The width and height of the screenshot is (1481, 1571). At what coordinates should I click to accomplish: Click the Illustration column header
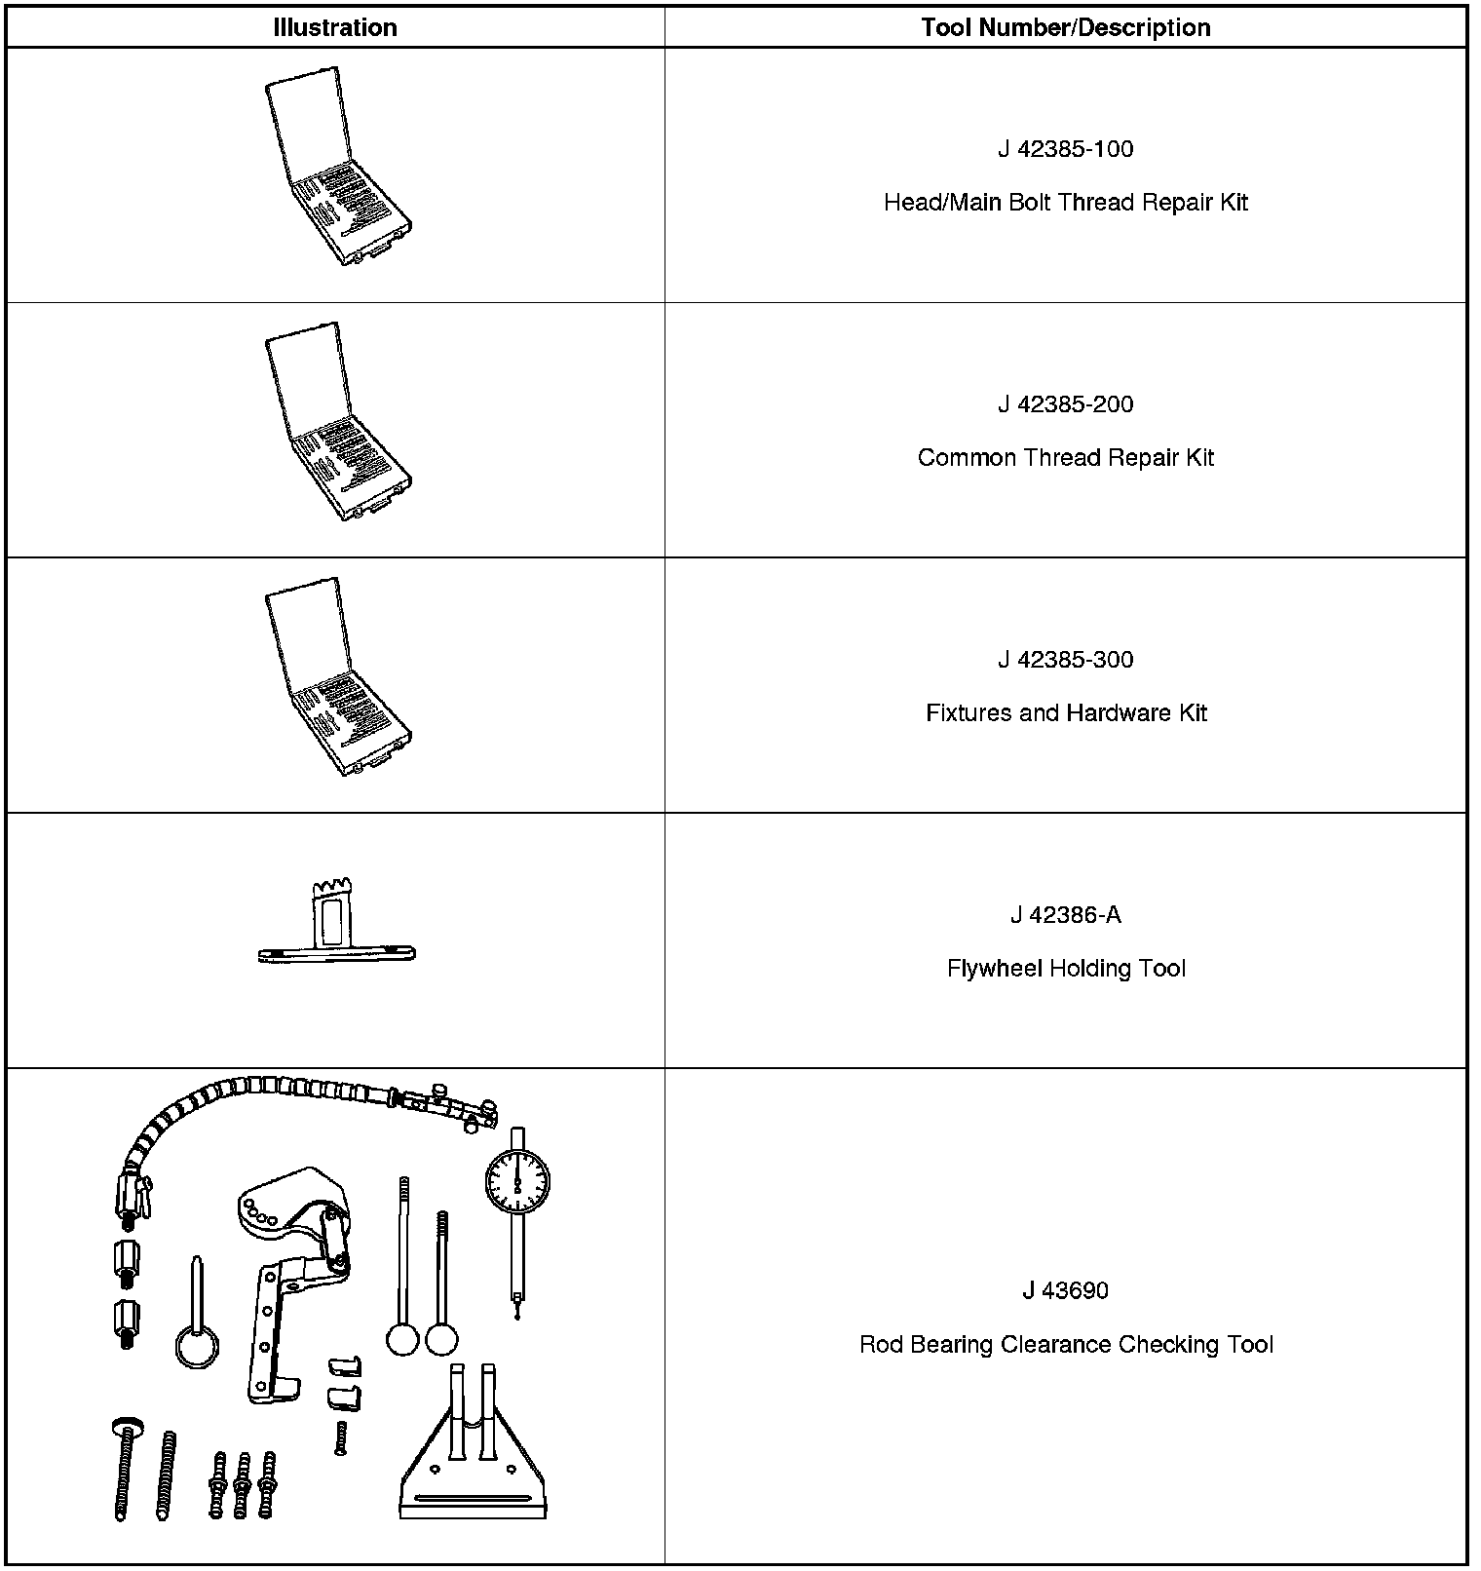point(335,27)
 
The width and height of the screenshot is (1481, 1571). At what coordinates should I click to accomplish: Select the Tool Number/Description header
point(1065,27)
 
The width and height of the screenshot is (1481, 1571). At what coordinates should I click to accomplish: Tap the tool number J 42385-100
point(1065,149)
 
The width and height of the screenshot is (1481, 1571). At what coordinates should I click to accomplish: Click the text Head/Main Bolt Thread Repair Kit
point(1065,203)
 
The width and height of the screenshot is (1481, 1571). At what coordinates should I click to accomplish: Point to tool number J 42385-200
point(1065,404)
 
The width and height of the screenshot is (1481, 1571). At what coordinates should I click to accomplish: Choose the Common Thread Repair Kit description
point(1065,458)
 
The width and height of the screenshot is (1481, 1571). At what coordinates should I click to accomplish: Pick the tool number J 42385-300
point(1065,660)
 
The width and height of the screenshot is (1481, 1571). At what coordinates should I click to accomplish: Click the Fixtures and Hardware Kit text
point(1065,713)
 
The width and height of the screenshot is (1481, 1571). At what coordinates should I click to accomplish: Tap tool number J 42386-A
point(1065,915)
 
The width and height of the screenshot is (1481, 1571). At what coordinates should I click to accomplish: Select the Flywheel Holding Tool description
point(1065,969)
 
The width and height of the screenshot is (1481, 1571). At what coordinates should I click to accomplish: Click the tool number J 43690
point(1065,1291)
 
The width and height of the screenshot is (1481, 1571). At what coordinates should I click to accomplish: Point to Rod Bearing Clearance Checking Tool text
point(1065,1345)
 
